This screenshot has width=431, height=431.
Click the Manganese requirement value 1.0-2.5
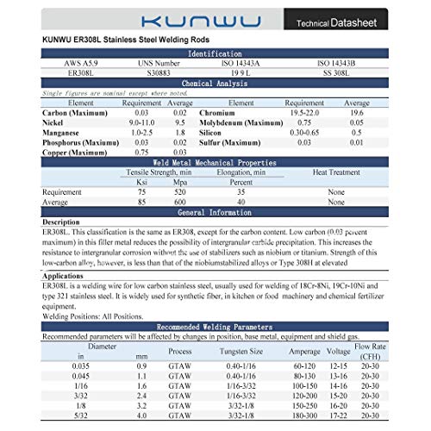pyautogui.click(x=144, y=133)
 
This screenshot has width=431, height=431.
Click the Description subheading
pyautogui.click(x=62, y=222)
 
